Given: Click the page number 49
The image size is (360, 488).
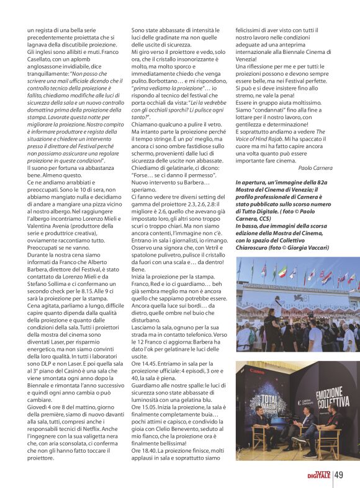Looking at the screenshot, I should (x=339, y=475).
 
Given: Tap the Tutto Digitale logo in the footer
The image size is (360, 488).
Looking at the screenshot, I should (x=318, y=475).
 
